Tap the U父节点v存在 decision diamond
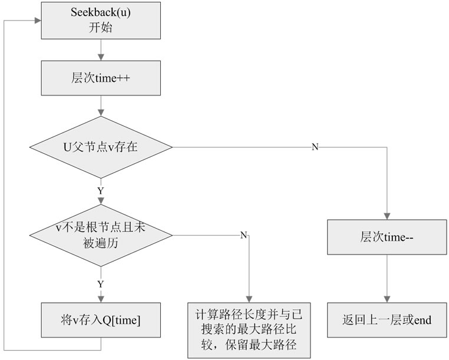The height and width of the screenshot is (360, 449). (x=101, y=147)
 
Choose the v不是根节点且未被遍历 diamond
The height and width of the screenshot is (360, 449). (x=101, y=235)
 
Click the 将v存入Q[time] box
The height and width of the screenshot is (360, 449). (x=101, y=320)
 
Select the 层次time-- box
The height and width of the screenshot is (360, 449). (x=387, y=237)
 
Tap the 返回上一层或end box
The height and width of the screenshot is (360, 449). (x=387, y=321)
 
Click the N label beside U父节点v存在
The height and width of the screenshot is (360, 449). (x=315, y=147)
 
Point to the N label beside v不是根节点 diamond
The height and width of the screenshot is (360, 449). (x=243, y=235)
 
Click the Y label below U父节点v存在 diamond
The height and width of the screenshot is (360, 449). (x=101, y=191)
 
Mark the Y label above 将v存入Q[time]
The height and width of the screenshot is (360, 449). (x=101, y=284)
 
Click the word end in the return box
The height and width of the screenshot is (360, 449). (x=422, y=321)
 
